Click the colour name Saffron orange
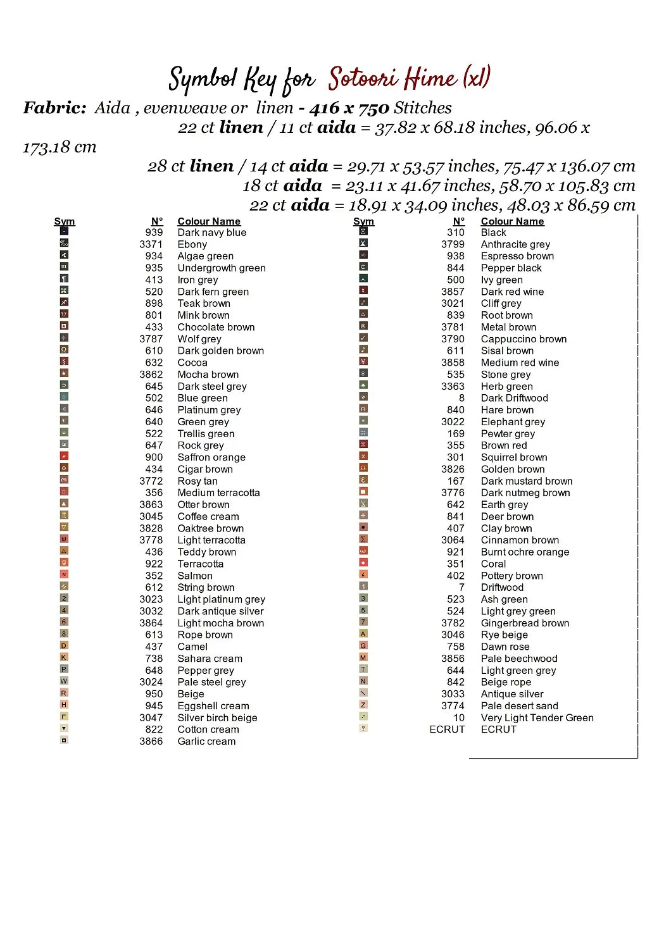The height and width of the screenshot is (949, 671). click(211, 457)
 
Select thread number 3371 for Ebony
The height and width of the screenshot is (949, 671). click(151, 244)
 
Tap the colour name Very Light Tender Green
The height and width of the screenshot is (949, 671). click(537, 718)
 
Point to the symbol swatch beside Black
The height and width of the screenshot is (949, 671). click(363, 231)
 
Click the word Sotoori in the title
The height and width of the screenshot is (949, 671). click(363, 78)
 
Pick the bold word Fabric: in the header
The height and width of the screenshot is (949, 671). click(54, 108)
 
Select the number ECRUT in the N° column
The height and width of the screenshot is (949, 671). click(447, 729)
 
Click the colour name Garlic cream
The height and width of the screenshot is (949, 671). click(206, 741)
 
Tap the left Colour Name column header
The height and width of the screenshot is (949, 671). click(209, 221)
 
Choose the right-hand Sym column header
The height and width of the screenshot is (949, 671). click(363, 221)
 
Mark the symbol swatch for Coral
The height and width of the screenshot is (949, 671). click(363, 562)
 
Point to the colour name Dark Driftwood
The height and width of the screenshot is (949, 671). click(514, 398)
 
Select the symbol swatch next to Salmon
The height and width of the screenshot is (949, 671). click(64, 574)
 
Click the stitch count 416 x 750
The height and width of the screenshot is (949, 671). click(349, 108)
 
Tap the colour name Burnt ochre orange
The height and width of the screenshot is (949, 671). click(525, 552)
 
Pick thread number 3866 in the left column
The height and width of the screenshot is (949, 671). click(151, 741)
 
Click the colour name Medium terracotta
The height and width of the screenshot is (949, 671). click(218, 493)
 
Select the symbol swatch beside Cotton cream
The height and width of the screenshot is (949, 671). click(64, 728)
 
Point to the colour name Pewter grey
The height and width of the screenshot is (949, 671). click(508, 434)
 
